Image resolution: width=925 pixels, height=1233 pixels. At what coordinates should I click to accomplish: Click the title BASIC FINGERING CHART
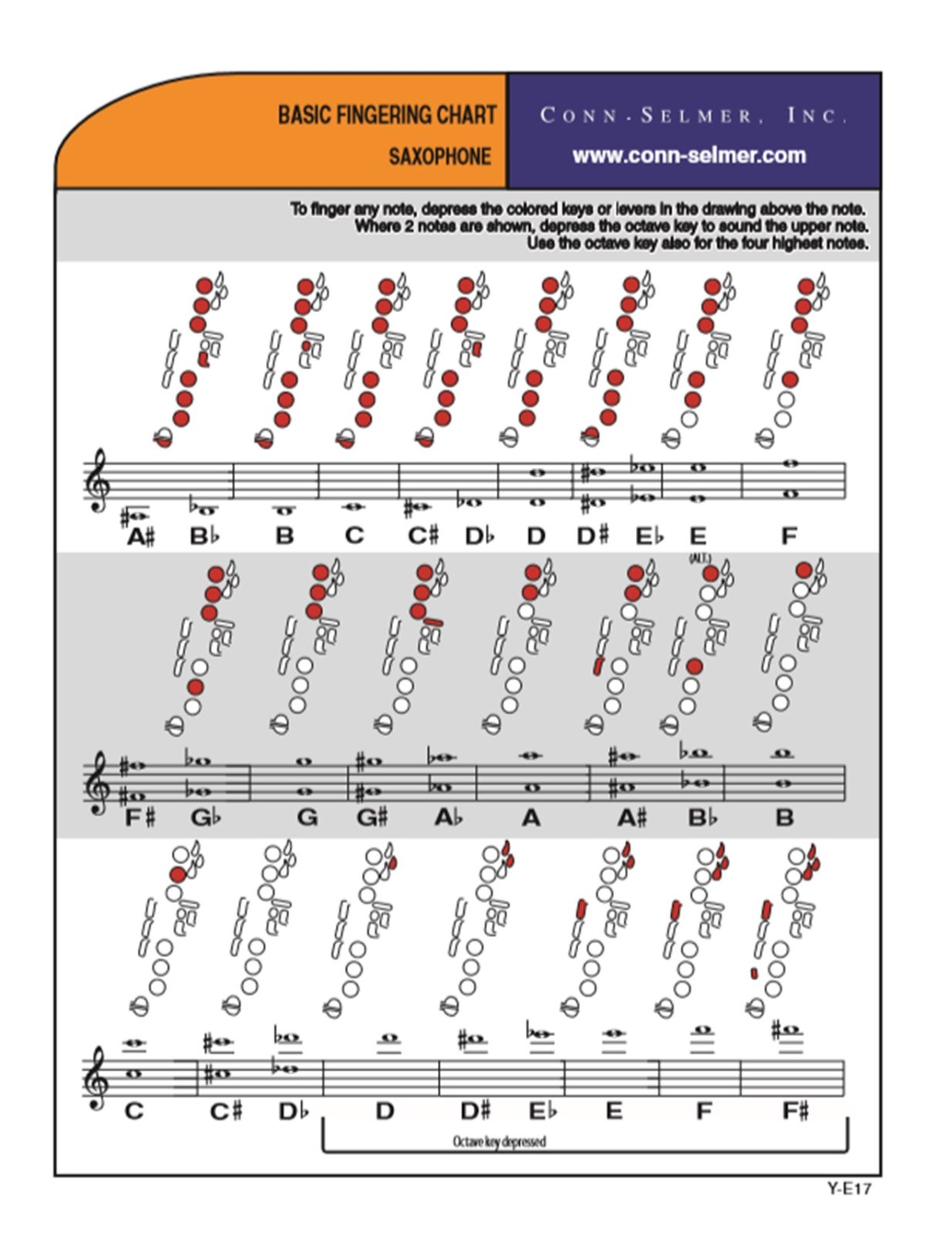386,116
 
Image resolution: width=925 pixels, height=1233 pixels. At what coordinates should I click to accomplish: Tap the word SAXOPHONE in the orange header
439,156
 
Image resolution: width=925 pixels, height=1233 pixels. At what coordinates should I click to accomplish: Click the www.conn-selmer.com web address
688,156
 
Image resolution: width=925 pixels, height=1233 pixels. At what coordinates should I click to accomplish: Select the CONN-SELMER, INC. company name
693,116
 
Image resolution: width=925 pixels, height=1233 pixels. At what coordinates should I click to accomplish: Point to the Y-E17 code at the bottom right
849,1189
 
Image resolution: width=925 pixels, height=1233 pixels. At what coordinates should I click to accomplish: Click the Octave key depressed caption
499,1141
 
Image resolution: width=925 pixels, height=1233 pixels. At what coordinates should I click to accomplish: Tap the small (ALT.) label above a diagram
700,558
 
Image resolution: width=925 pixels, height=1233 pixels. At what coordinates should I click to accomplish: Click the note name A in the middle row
531,818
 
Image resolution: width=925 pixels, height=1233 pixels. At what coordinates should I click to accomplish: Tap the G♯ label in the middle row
373,818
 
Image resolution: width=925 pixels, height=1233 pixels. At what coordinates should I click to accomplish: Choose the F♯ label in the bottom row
795,1111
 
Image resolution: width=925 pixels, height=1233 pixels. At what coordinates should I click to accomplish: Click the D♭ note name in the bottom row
292,1111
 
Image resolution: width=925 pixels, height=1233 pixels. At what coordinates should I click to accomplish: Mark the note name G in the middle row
307,818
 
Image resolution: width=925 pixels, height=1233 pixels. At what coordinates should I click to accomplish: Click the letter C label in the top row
354,536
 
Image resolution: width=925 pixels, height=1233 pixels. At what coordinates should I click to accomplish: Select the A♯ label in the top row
141,536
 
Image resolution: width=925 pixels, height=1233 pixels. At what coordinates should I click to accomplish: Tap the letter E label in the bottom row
614,1111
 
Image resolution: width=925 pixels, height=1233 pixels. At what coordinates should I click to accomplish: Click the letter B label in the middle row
784,818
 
